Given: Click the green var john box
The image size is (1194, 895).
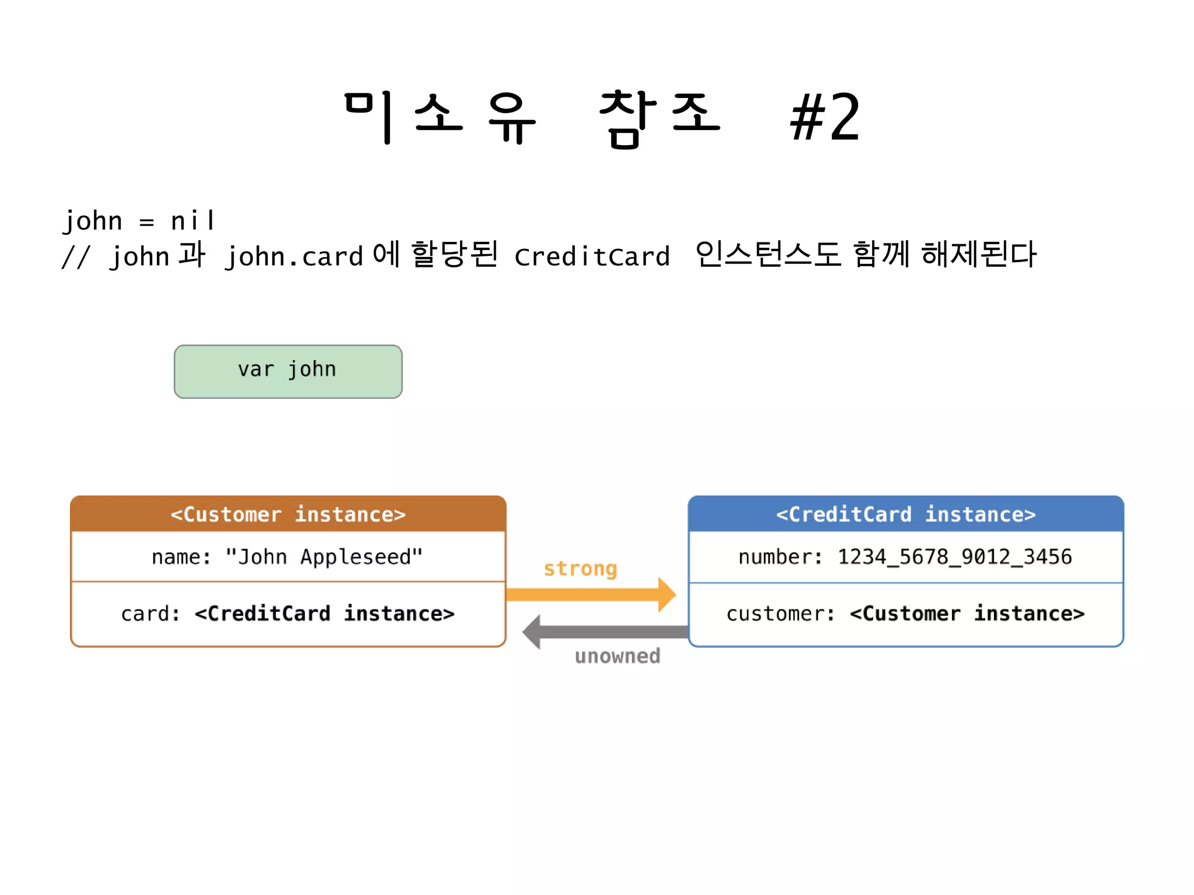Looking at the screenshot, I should click(288, 371).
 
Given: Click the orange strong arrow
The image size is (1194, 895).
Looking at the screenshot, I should click(589, 594).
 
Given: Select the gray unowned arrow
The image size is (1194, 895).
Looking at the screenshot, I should click(606, 632).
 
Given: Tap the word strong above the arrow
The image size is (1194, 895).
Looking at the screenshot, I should click(580, 568).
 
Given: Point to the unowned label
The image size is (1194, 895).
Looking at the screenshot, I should click(617, 656).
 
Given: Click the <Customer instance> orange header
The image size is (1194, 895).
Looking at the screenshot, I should click(288, 514).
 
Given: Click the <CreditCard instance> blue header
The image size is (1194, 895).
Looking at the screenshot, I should click(905, 514).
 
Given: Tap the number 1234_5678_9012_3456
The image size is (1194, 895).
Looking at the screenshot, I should click(954, 557).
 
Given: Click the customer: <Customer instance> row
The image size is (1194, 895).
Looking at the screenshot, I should click(905, 614).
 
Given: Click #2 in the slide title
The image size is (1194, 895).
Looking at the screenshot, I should click(824, 118).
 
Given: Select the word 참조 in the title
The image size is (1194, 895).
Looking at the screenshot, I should click(659, 118).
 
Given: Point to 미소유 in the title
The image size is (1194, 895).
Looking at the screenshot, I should click(440, 118).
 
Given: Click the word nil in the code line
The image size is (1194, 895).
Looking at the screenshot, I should click(193, 221).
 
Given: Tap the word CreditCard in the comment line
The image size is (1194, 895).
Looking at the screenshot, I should click(592, 256).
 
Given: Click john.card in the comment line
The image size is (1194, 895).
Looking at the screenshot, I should click(294, 256).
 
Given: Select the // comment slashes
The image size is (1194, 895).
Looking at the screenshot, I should click(76, 256).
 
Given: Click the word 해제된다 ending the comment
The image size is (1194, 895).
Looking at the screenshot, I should click(978, 255).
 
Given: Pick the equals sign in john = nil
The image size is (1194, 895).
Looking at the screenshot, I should click(146, 222).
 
